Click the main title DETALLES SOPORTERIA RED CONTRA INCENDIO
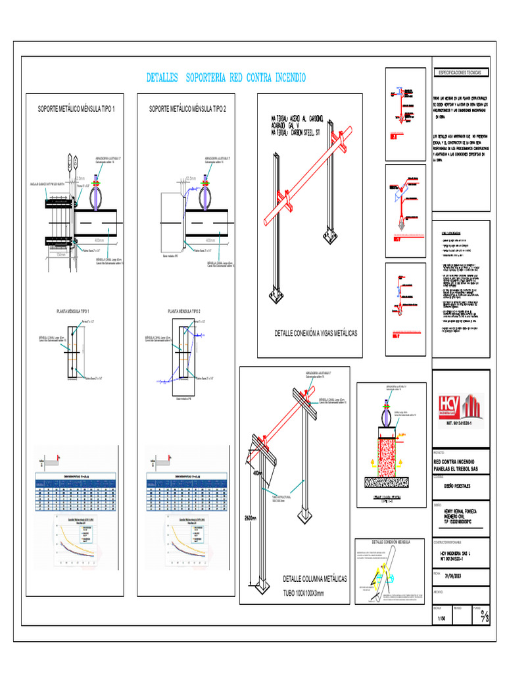[x=226, y=78]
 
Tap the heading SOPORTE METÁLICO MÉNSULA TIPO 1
[x=76, y=109]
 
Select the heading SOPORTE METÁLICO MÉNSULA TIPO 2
[x=187, y=109]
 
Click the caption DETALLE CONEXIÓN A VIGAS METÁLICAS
[x=316, y=334]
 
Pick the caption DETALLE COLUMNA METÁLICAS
[x=315, y=579]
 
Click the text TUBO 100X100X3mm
[x=308, y=592]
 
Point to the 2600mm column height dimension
[x=249, y=517]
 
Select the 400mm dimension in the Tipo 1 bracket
[x=99, y=240]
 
